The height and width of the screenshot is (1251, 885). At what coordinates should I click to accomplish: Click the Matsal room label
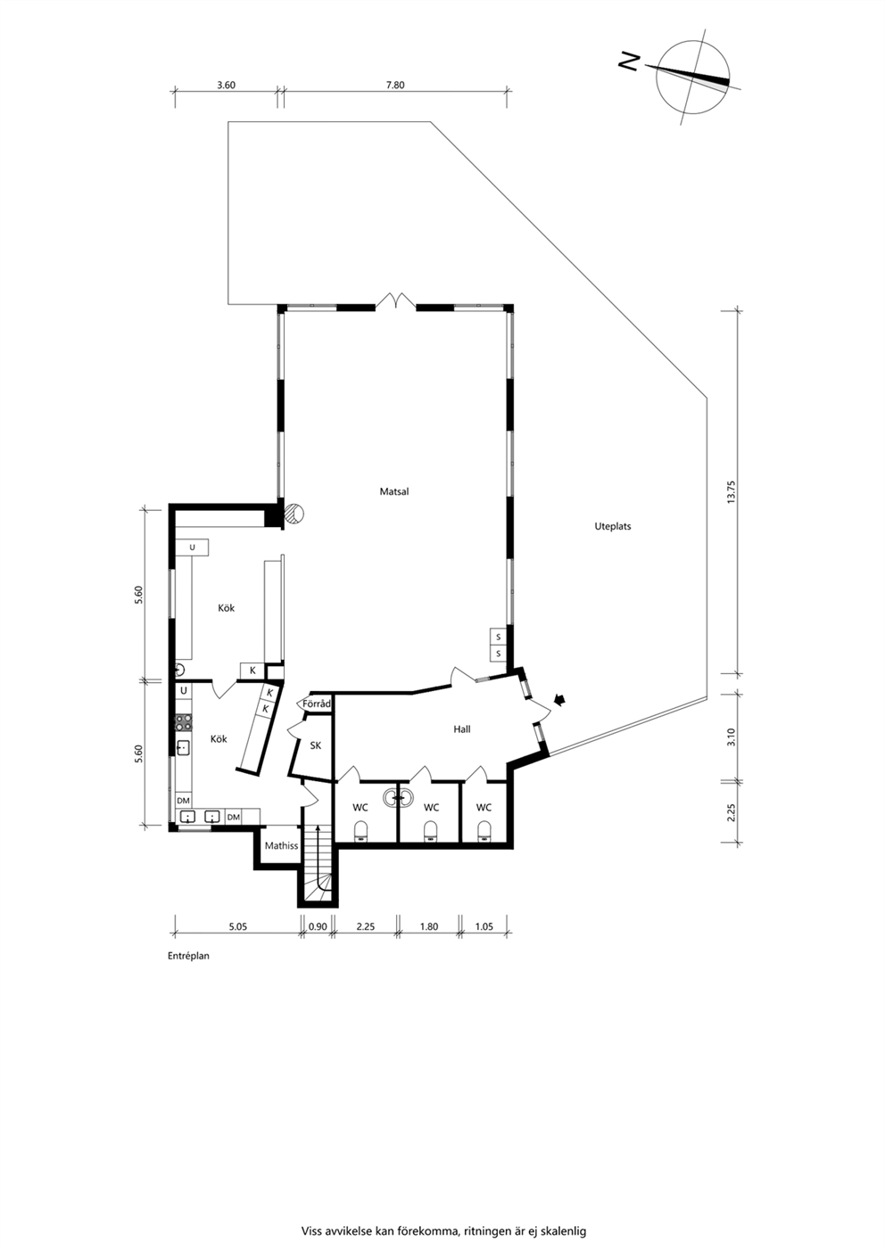point(394,492)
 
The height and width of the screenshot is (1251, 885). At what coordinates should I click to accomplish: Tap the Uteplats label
point(613,526)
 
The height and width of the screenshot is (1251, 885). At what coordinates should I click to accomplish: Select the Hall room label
point(462,729)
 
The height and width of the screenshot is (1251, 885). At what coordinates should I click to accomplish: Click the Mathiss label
point(282,846)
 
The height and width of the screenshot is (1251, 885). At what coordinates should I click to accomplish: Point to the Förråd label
point(317,704)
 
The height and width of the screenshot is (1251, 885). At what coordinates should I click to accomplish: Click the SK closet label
point(316,745)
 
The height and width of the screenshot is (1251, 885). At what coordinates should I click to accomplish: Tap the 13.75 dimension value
point(732,492)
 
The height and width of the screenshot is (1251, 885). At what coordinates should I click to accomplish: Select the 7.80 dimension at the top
point(395,86)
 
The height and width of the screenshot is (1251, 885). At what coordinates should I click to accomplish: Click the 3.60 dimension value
point(227,86)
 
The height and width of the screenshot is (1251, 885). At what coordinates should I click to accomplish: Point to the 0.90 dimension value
point(318,926)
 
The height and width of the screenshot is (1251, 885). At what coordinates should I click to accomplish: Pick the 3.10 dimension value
point(732,737)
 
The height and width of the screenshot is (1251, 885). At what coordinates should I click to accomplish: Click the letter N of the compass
point(630,62)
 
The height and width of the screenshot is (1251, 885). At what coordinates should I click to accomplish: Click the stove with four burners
point(183,722)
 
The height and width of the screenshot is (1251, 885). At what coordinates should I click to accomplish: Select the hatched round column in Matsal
point(294,513)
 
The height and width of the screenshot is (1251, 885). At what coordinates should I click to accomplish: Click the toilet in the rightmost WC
point(484,831)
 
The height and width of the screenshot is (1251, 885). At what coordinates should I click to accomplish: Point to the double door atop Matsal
point(395,301)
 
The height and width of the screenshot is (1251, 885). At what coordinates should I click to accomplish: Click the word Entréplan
point(189,956)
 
